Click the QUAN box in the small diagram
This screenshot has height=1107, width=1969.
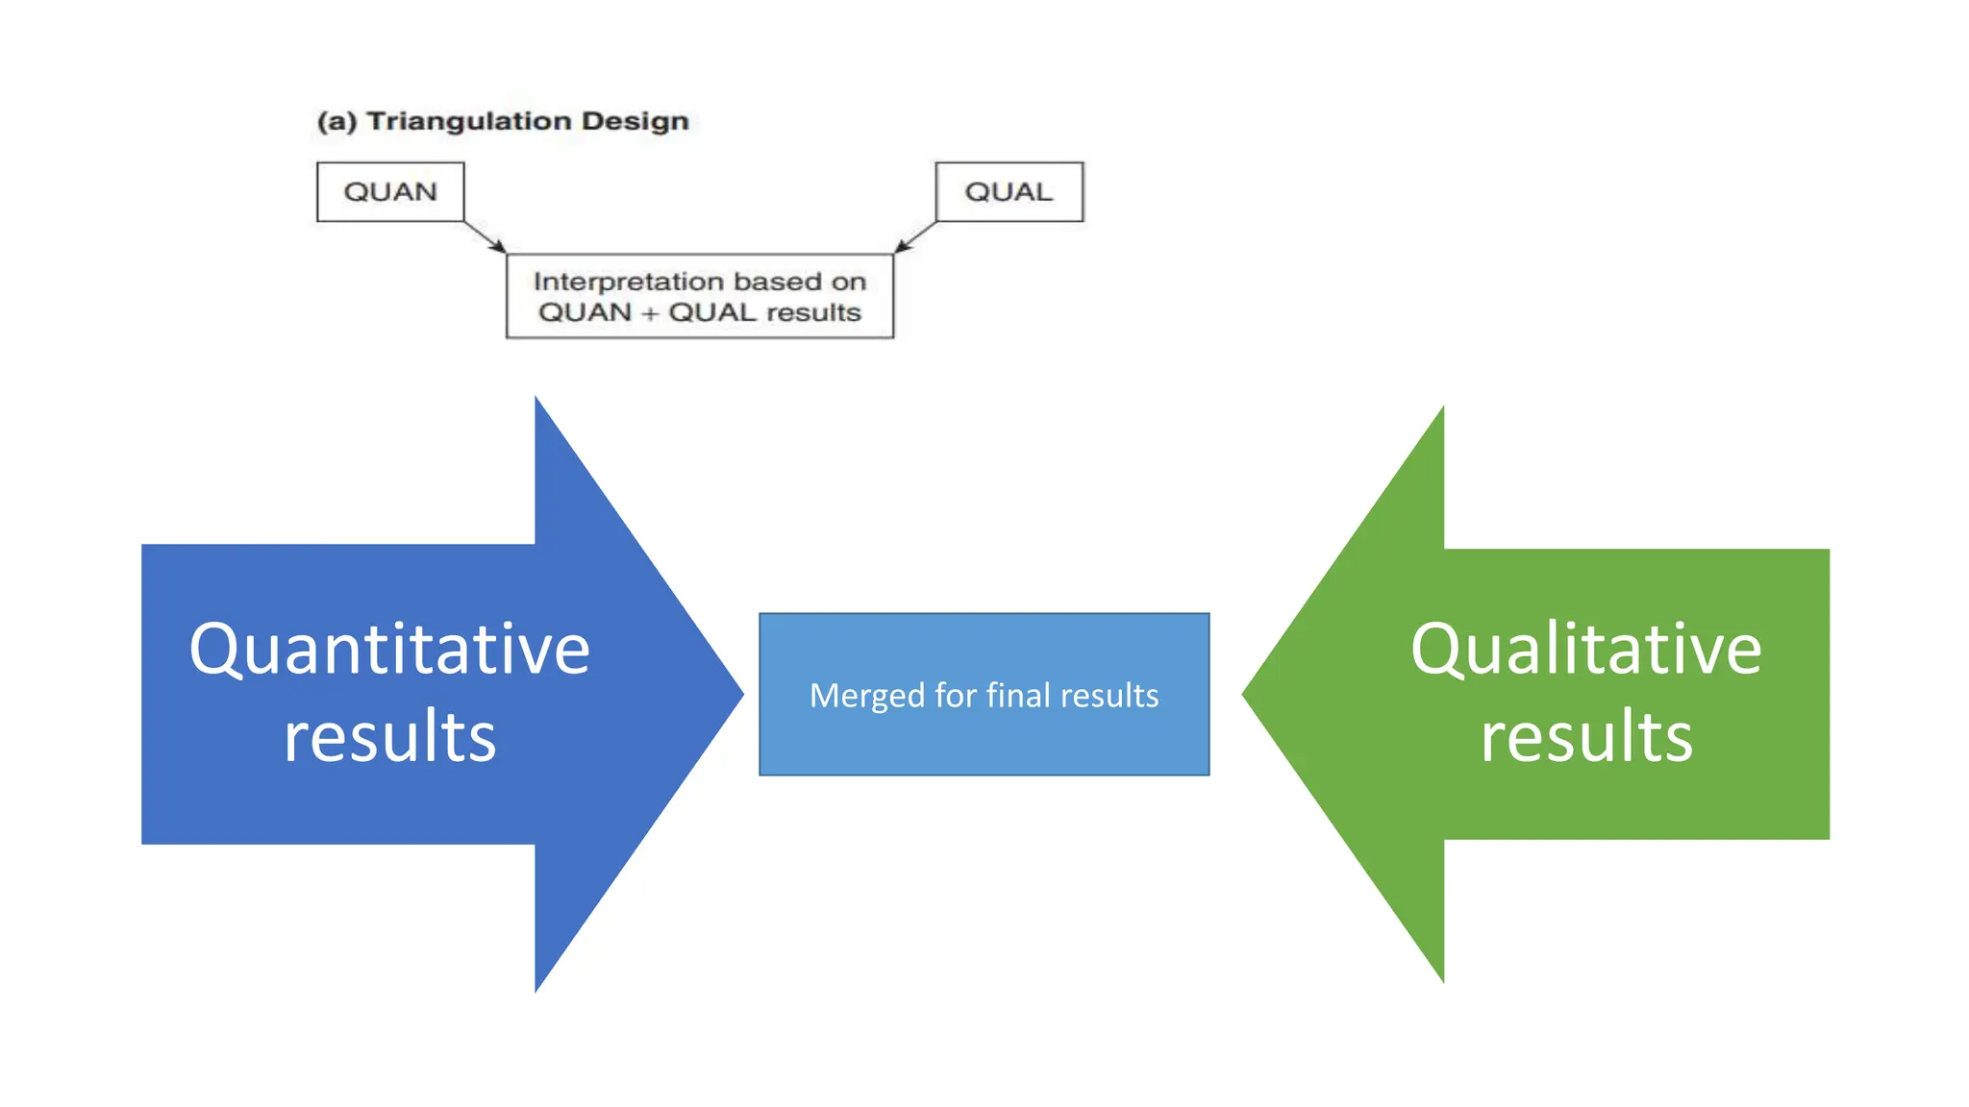(x=390, y=192)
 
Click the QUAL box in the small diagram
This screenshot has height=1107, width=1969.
(x=1009, y=192)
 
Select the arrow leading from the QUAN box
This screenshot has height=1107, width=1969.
(x=486, y=237)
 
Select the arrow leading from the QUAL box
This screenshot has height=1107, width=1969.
(x=914, y=237)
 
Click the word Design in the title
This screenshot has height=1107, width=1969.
(x=636, y=122)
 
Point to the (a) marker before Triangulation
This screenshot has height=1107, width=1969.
(x=336, y=122)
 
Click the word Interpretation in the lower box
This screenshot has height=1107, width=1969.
(x=615, y=282)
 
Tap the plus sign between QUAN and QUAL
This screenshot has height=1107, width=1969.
(x=650, y=313)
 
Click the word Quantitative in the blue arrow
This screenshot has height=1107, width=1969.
(x=389, y=650)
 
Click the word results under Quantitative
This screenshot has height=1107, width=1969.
(x=389, y=737)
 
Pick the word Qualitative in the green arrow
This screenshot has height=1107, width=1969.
(x=1585, y=650)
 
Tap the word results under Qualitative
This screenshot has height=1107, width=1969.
(x=1585, y=737)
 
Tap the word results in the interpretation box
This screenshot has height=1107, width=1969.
(x=813, y=313)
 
